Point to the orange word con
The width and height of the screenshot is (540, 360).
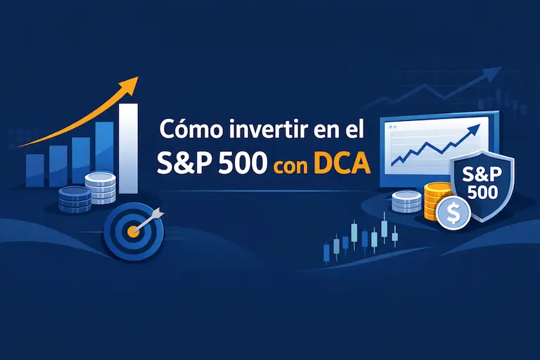click(290, 165)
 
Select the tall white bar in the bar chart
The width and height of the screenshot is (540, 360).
click(128, 148)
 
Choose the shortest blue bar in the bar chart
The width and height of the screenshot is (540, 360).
click(34, 169)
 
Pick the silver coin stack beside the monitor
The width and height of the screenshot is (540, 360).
click(406, 202)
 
